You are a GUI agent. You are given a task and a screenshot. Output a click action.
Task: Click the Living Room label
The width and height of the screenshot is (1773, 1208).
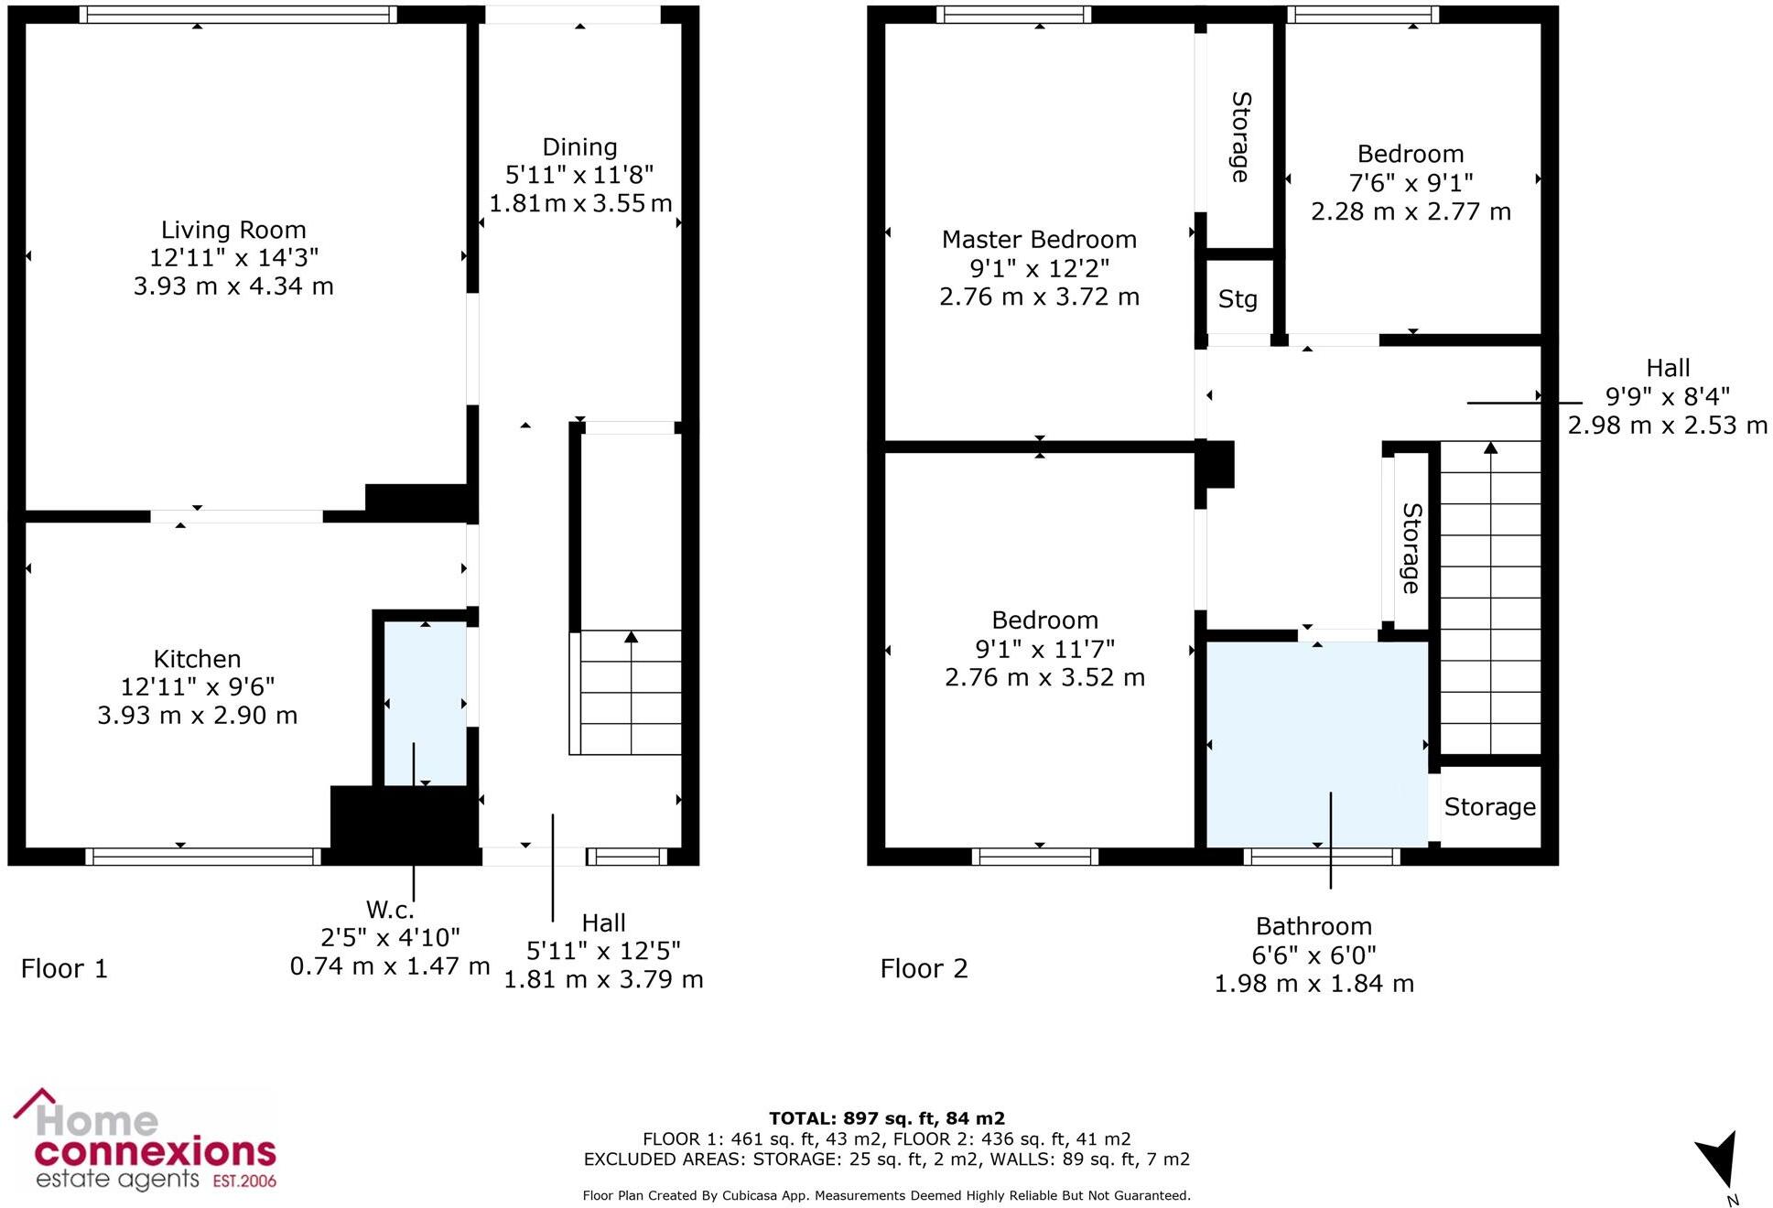(233, 230)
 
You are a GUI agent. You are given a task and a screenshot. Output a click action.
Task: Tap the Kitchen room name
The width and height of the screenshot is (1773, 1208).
(197, 659)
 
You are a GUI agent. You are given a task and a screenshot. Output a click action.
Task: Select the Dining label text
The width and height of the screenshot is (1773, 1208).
(579, 147)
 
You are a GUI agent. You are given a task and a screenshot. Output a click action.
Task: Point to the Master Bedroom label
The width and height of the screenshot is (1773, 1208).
(1039, 240)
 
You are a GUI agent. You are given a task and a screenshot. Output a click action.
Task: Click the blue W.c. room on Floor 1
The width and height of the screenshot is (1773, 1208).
(425, 704)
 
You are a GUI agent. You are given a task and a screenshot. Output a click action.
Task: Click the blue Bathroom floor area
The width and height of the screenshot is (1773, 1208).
(1317, 744)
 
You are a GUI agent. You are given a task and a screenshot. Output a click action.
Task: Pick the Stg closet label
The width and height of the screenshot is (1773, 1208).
(1238, 299)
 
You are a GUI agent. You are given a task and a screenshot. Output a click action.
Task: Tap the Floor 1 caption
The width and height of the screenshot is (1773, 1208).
(64, 968)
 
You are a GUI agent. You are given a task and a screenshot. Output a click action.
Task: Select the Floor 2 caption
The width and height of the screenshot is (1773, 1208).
(924, 968)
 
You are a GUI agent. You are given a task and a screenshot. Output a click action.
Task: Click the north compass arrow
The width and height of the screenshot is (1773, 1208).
(1718, 1159)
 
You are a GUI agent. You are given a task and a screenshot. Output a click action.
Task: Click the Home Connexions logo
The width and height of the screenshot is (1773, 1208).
(145, 1140)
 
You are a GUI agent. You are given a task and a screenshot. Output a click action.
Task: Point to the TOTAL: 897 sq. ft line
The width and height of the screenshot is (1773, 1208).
(887, 1118)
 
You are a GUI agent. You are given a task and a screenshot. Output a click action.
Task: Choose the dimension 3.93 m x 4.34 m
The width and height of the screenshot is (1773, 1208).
(233, 286)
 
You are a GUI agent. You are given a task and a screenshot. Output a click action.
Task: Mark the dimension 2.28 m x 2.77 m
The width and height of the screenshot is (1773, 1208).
(1411, 211)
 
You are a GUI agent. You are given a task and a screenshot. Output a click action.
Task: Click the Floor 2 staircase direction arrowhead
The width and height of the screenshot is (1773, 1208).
(1491, 448)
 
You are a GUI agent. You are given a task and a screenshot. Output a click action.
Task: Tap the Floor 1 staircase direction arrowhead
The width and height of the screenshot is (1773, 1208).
(631, 637)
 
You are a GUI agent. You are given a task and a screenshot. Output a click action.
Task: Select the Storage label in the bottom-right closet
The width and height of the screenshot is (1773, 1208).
(1490, 807)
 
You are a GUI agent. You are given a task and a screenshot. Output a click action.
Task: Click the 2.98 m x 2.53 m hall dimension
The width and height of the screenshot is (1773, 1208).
(1668, 426)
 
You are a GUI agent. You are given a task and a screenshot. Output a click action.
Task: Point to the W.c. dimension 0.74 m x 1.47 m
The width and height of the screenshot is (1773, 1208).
(390, 966)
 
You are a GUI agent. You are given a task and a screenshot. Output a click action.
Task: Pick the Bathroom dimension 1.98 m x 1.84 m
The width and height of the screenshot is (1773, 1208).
(1314, 984)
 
